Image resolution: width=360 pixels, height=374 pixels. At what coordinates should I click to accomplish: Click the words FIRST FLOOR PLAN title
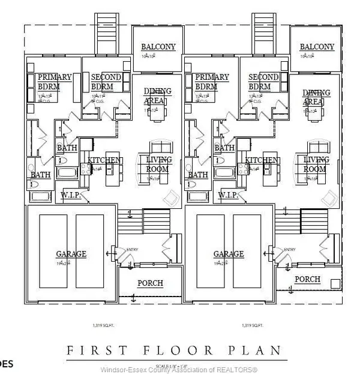click(173, 350)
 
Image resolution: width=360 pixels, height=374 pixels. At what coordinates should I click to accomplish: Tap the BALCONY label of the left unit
click(158, 47)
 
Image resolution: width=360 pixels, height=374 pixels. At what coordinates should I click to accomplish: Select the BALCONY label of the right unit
click(317, 47)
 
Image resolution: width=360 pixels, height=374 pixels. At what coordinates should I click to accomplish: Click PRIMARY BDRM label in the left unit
click(54, 82)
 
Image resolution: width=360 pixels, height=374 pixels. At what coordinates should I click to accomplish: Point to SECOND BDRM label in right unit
click(263, 82)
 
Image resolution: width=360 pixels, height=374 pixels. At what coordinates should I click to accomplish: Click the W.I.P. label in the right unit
click(229, 195)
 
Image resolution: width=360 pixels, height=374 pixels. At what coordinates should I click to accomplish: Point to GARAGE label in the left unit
click(71, 254)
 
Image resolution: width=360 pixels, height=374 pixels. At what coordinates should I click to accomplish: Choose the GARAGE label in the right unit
click(229, 254)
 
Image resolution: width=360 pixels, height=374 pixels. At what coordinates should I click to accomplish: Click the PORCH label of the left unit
click(150, 283)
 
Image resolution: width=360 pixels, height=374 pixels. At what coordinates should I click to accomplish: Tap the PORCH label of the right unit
click(307, 279)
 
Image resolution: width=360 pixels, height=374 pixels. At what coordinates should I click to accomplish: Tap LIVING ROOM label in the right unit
click(317, 164)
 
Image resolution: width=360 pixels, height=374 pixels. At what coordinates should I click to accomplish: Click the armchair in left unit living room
click(170, 197)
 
